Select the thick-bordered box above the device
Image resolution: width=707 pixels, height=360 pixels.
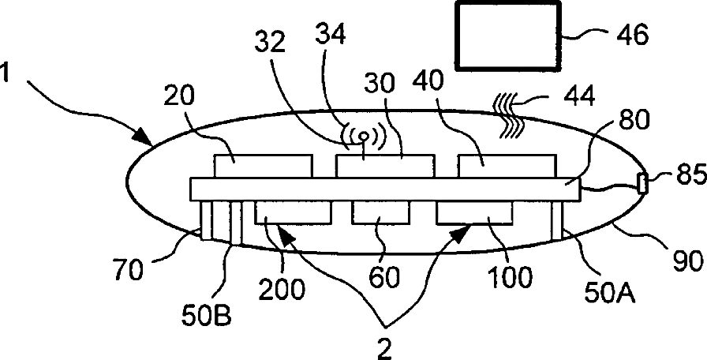[509, 36]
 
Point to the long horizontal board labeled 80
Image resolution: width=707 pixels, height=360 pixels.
[385, 189]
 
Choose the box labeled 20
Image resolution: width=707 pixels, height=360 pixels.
[263, 166]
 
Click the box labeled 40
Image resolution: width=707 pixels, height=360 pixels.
[507, 166]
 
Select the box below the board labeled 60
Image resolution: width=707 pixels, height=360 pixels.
[380, 212]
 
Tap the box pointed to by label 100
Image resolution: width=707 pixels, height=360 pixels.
[474, 212]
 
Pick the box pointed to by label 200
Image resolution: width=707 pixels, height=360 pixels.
[293, 212]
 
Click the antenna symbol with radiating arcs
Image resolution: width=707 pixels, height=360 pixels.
[364, 137]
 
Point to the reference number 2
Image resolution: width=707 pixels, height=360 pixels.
[384, 348]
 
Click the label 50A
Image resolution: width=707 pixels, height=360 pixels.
[610, 293]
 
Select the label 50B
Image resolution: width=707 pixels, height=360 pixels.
[207, 315]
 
